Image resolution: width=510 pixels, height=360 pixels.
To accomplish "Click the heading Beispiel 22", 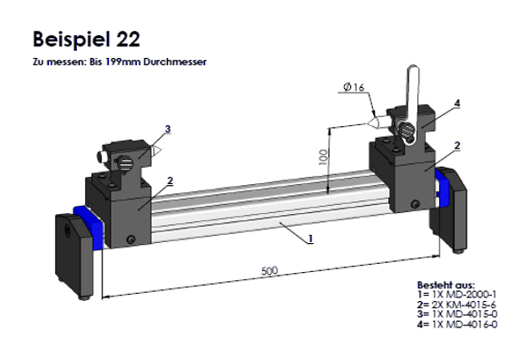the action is click(86, 39).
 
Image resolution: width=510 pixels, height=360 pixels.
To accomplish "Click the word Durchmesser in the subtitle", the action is click(174, 62).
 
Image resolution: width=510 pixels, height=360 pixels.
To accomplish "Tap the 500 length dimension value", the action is click(270, 270).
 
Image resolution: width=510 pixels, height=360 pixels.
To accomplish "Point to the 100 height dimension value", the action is click(323, 157).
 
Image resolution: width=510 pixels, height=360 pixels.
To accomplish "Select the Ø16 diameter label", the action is click(354, 87).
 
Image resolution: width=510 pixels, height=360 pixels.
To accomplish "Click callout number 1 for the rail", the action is click(310, 238).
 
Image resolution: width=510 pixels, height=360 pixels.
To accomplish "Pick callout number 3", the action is click(168, 129).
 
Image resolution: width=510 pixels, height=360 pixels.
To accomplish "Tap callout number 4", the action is click(457, 103).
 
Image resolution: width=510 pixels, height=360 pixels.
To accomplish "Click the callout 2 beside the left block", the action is click(170, 180).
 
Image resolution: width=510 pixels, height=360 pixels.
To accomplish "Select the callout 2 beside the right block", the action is click(457, 145).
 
